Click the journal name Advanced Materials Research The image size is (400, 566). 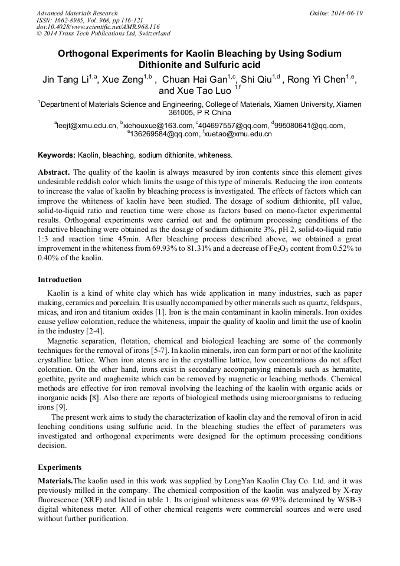[77, 13]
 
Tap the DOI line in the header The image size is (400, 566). [98, 27]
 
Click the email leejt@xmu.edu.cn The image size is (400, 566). [86, 126]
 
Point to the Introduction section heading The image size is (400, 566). [60, 280]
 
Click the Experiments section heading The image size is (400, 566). [60, 467]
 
